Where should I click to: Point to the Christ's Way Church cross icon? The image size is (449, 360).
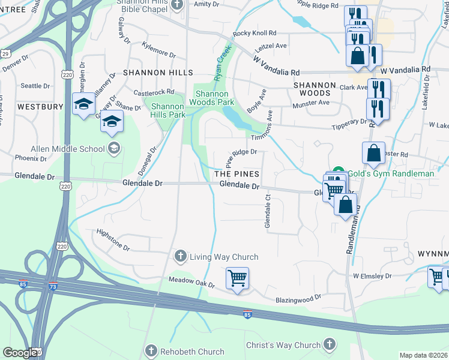point(329,344)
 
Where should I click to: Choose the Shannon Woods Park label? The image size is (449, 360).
point(212,98)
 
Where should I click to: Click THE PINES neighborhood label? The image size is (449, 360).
point(237,173)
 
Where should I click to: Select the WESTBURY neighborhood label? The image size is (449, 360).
point(40,106)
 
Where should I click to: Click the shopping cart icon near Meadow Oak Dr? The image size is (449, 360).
point(237,279)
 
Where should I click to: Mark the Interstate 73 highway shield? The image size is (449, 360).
point(53,286)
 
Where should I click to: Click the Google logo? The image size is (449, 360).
point(20,352)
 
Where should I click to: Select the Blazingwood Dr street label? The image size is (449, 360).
point(298,297)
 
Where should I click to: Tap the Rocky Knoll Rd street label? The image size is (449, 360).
point(255,34)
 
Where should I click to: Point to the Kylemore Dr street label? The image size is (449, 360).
point(158,50)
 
